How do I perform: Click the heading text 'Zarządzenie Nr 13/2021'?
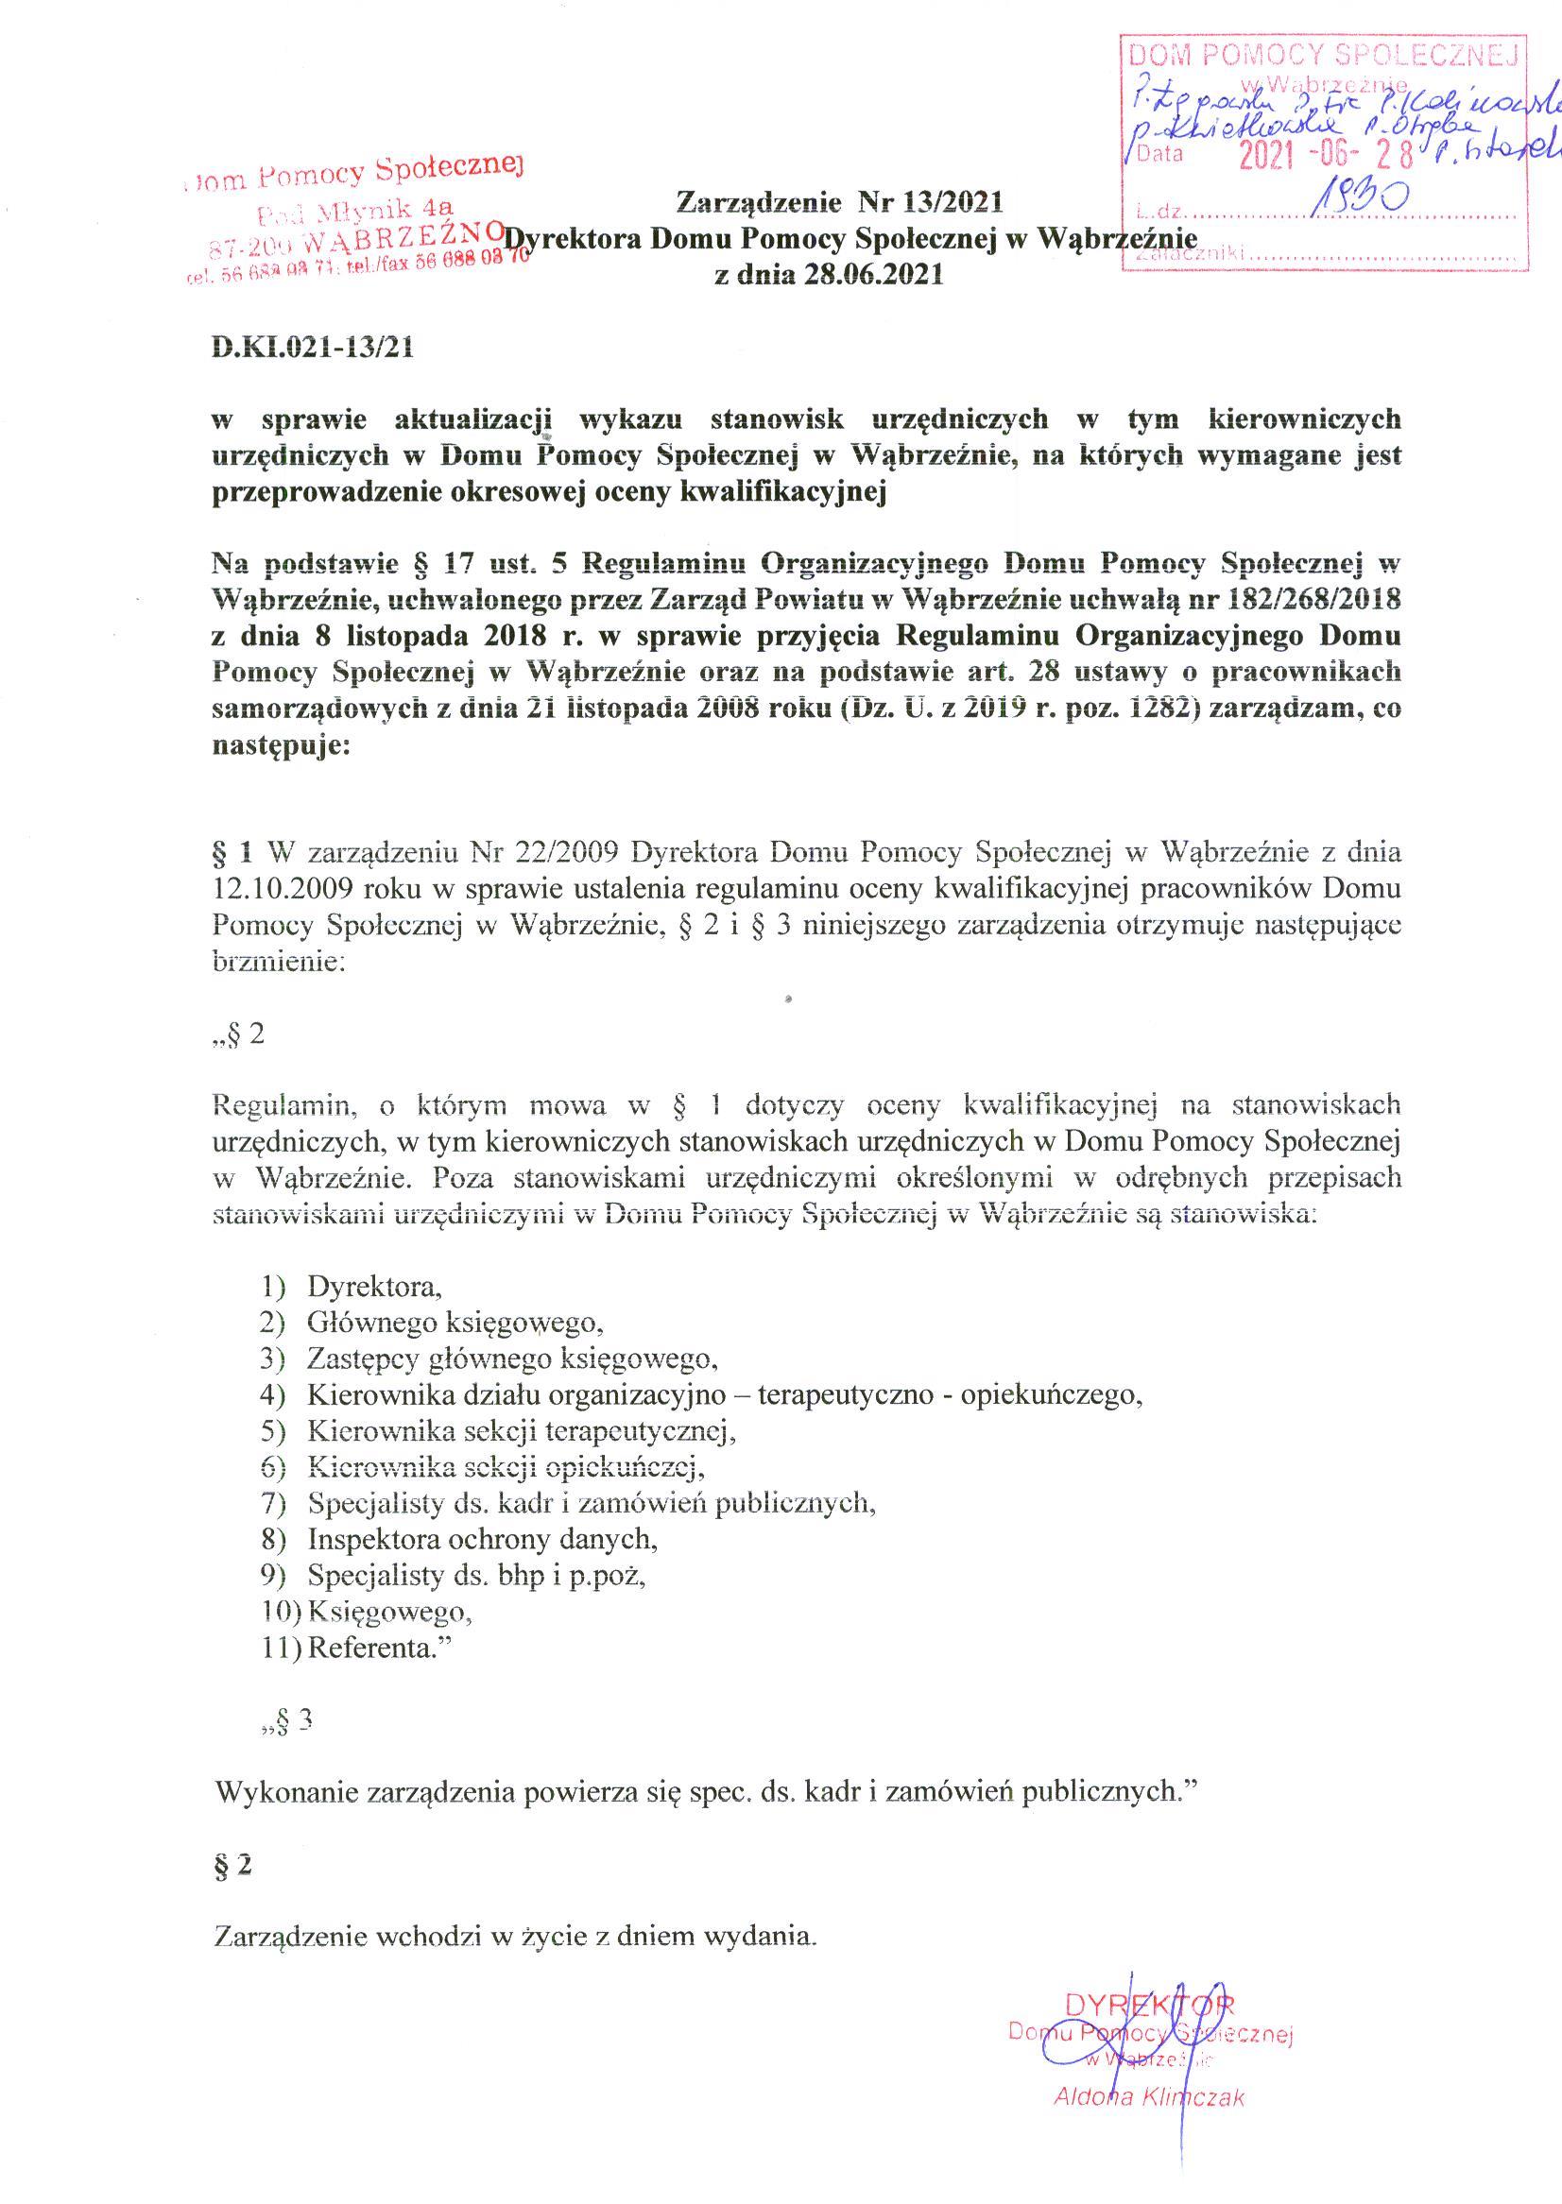point(840,202)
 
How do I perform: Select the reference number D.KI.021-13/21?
point(313,348)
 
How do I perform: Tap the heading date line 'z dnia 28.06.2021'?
point(827,275)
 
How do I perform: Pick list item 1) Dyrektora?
point(373,1286)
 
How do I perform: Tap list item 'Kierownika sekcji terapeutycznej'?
point(522,1431)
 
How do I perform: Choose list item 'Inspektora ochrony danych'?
point(483,1539)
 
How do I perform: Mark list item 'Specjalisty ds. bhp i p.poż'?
point(475,1575)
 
